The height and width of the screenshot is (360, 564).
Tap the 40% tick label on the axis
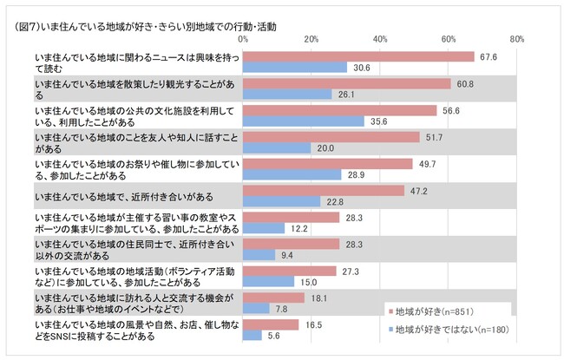[380, 39]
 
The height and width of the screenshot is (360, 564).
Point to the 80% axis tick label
[517, 39]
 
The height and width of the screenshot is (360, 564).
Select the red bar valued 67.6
[358, 56]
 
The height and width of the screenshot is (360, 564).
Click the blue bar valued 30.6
[295, 67]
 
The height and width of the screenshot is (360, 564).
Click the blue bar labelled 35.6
[304, 121]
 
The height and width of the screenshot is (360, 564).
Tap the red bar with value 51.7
[331, 137]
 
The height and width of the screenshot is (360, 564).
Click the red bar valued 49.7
[328, 164]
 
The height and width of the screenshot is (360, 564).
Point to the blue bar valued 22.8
[282, 201]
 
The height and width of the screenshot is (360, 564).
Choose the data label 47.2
[417, 191]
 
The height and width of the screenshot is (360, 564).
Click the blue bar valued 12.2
[264, 228]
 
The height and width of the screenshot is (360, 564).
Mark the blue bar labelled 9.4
[259, 255]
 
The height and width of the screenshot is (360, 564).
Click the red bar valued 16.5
[271, 324]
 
